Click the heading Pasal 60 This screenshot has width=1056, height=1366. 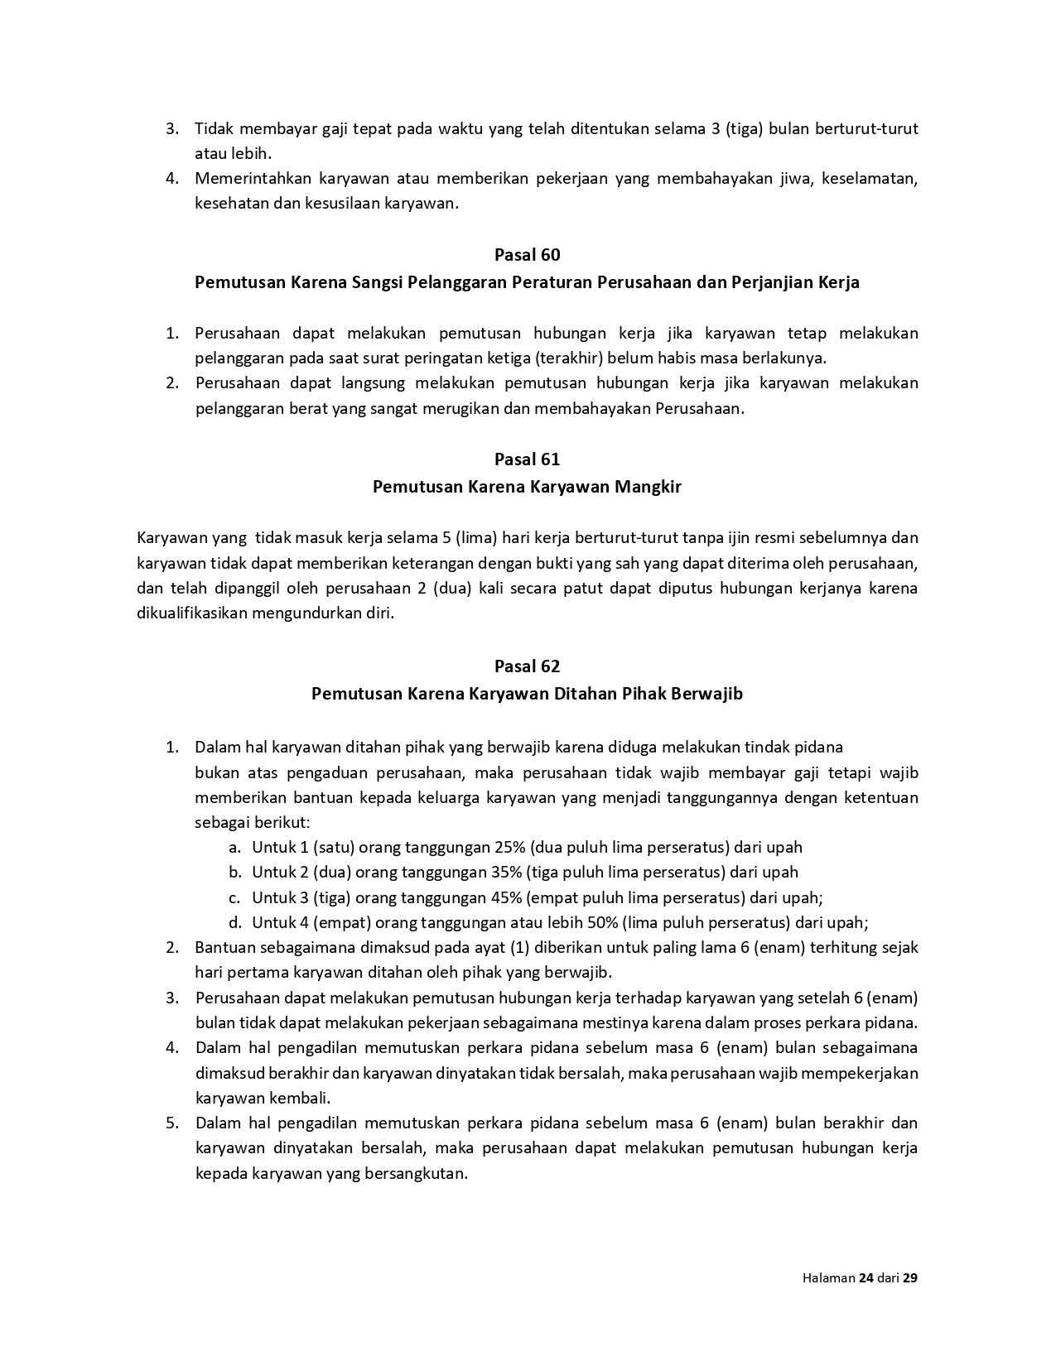(527, 255)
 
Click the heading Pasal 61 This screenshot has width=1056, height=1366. (527, 459)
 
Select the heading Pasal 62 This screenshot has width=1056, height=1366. (527, 666)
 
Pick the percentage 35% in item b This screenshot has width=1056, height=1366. (506, 872)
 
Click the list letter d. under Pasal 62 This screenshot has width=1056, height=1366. (235, 922)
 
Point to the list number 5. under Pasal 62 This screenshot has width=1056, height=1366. (172, 1123)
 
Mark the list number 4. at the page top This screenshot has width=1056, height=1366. (172, 179)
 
